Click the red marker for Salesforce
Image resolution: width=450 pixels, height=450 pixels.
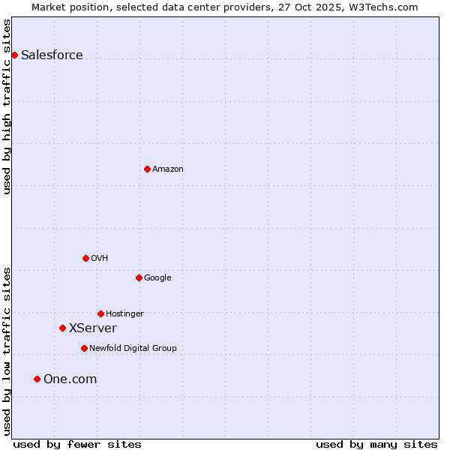pos(14,55)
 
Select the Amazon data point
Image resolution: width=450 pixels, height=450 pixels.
pos(147,169)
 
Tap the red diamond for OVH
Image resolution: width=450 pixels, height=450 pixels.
pos(85,258)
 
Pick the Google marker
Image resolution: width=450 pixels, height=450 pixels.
pos(139,277)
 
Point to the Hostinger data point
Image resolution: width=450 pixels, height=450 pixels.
pos(100,313)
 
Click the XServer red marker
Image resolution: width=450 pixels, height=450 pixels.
pos(62,328)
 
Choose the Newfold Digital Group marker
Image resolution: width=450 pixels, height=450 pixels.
pos(84,348)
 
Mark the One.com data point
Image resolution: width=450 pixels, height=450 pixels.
pos(37,379)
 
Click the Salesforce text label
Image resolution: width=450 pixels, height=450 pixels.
pos(52,55)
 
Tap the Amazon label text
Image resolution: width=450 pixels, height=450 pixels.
pos(167,169)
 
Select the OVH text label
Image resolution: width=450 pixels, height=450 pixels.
pos(99,259)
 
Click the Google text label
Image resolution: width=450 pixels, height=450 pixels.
pos(157,278)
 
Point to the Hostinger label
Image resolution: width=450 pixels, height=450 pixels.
pos(124,314)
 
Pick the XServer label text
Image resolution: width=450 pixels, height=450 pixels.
pos(92,328)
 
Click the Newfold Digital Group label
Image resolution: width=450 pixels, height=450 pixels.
pos(133,349)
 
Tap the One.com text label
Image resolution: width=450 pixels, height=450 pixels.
pos(70,379)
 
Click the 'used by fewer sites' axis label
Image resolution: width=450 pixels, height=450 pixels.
pos(77,445)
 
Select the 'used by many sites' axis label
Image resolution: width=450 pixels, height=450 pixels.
pos(376,445)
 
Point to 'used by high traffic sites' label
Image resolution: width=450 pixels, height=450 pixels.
pos(7,106)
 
